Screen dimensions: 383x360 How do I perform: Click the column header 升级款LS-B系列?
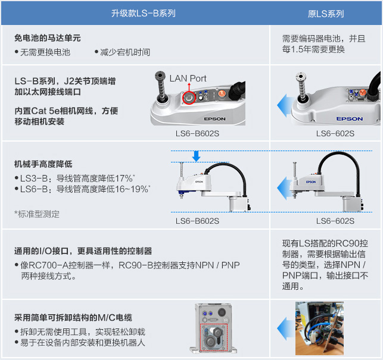coord(144,13)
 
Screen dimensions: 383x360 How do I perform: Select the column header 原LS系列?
coord(326,14)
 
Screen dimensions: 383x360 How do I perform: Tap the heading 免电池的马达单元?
coord(48,38)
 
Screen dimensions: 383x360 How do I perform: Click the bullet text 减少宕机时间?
coord(125,52)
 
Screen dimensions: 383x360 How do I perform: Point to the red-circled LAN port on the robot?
coord(189,98)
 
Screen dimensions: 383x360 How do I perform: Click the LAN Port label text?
coord(188,79)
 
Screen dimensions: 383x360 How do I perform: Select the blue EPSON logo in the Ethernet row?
coord(349,119)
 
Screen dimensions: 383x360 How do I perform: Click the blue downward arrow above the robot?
coord(196,156)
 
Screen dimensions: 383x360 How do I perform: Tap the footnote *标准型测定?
coord(37,214)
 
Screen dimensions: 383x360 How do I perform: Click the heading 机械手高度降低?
coord(43,164)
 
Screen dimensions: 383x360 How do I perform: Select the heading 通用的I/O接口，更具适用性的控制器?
coord(83,251)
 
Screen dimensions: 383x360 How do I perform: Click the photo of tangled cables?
coord(319,328)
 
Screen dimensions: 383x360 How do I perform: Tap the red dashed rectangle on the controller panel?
coord(214,338)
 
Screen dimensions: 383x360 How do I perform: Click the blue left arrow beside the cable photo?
coord(287,328)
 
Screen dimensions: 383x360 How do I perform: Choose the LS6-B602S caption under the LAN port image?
coord(197,133)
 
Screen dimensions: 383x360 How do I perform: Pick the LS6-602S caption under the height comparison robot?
coord(335,221)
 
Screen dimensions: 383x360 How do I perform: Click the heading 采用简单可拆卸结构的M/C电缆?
coord(73,318)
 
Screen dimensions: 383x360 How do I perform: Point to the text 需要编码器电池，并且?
coord(323,39)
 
